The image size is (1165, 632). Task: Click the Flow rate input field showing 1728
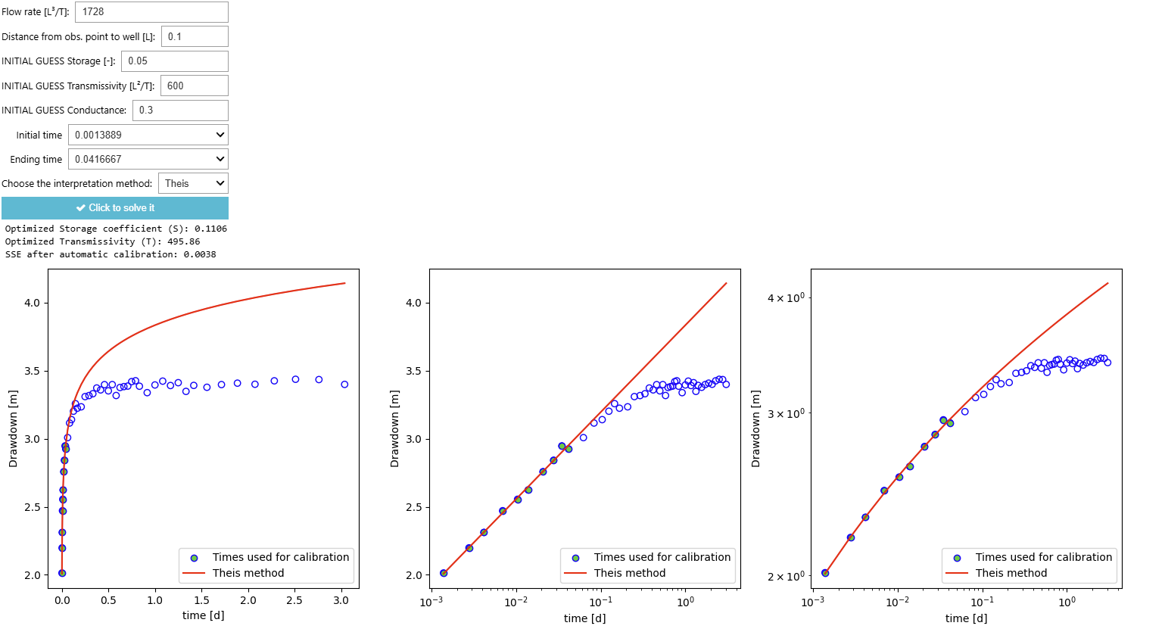[151, 12]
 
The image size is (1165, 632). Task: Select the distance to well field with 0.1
[195, 36]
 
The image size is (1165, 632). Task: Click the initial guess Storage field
[174, 61]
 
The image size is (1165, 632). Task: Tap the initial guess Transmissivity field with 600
[194, 86]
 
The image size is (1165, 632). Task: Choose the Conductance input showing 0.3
[180, 111]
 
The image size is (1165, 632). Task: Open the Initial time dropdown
[148, 135]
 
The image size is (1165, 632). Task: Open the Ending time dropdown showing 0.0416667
[148, 159]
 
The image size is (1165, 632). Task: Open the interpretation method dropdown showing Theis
[193, 183]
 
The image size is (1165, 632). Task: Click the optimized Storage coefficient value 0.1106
[210, 229]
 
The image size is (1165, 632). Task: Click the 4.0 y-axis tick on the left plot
[32, 303]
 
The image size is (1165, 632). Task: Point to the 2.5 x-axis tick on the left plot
[294, 600]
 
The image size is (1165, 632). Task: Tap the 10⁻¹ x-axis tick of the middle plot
[601, 602]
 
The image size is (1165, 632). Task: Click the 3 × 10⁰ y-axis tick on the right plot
[786, 413]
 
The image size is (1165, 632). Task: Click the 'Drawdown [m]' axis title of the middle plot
[394, 428]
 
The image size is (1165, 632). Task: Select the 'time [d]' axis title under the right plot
[966, 618]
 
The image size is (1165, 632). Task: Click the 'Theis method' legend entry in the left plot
[248, 573]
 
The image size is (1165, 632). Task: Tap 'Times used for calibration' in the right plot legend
[1043, 557]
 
